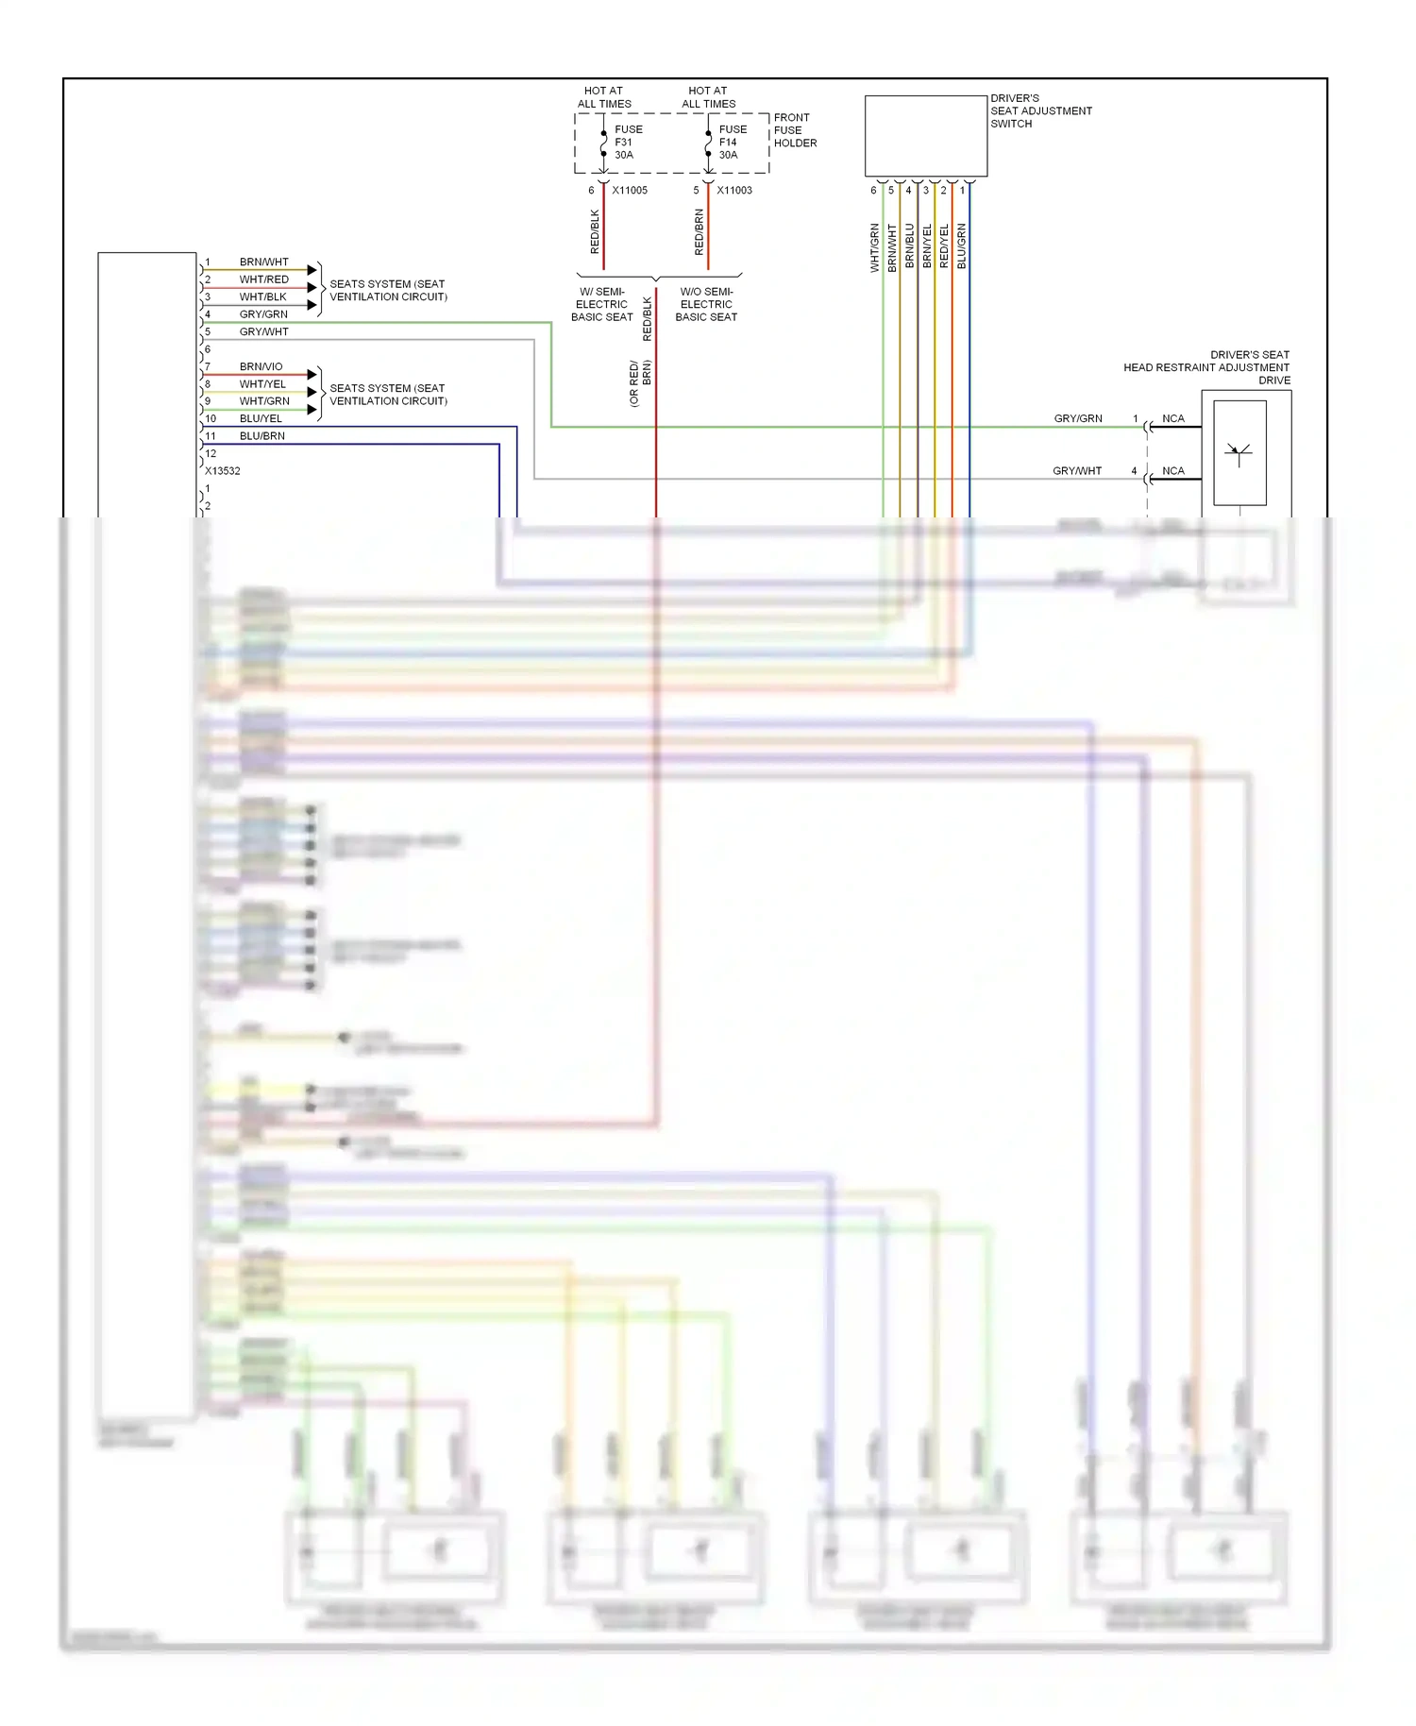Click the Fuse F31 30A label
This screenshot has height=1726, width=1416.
pos(628,143)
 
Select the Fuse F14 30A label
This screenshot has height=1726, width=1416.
pos(732,143)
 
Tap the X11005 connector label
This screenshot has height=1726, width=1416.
pos(630,191)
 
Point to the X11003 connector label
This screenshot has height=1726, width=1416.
pos(734,191)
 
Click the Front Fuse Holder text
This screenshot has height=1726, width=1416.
pos(795,130)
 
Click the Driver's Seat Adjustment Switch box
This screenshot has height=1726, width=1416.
pos(925,136)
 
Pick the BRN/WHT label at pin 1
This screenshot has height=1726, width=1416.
pos(263,262)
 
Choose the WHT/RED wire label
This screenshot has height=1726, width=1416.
pos(263,279)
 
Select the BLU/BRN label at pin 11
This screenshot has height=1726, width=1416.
pos(261,436)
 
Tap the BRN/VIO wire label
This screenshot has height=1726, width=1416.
pos(261,366)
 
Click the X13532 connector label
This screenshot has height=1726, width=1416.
pos(223,471)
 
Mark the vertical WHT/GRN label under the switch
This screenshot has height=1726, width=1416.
pos(875,248)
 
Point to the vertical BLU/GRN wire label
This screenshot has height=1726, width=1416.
pos(962,246)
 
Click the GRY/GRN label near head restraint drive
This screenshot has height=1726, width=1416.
pos(1077,418)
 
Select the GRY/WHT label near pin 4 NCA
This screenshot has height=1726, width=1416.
pos(1076,471)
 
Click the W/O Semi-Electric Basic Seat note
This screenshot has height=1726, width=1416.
pos(706,304)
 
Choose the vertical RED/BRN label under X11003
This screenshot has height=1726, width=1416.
pos(700,232)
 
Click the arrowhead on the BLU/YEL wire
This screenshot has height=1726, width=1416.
pos(312,410)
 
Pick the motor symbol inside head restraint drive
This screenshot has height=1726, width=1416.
pos(1239,453)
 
